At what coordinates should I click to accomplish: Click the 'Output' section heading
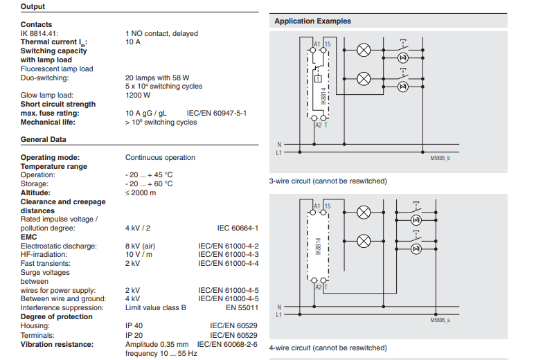pyautogui.click(x=33, y=7)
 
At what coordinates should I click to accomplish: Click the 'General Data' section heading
pyautogui.click(x=43, y=140)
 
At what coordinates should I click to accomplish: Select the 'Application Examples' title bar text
pyautogui.click(x=312, y=21)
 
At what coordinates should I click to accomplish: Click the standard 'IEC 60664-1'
pyautogui.click(x=238, y=228)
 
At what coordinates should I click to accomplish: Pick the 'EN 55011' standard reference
pyautogui.click(x=242, y=307)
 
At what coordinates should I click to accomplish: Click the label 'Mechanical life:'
pyautogui.click(x=47, y=122)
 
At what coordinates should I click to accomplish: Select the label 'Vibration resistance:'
pyautogui.click(x=57, y=344)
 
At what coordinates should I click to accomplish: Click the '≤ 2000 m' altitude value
pyautogui.click(x=141, y=192)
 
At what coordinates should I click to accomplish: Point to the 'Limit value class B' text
pyautogui.click(x=156, y=307)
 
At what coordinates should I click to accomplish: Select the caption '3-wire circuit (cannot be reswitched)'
pyautogui.click(x=328, y=181)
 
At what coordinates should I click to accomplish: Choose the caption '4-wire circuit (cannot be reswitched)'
pyautogui.click(x=328, y=348)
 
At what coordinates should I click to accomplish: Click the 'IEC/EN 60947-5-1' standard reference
pyautogui.click(x=216, y=113)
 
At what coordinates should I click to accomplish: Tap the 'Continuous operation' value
pyautogui.click(x=160, y=157)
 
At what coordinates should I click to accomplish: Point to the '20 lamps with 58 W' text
pyautogui.click(x=157, y=78)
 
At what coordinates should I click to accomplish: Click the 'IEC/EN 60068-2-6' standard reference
pyautogui.click(x=227, y=344)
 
